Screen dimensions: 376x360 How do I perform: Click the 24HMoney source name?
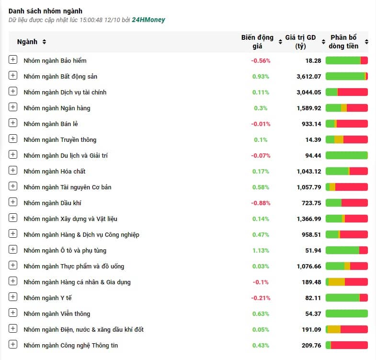pyautogui.click(x=148, y=20)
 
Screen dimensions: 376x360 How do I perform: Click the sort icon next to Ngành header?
pyautogui.click(x=44, y=42)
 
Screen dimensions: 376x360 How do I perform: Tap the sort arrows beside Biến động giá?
pyautogui.click(x=280, y=42)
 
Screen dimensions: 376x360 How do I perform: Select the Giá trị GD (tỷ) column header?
pyautogui.click(x=300, y=42)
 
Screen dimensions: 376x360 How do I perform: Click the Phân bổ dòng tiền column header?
pyautogui.click(x=343, y=42)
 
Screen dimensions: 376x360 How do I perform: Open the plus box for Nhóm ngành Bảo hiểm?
pyautogui.click(x=13, y=59)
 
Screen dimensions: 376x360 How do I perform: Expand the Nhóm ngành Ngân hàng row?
pyautogui.click(x=13, y=107)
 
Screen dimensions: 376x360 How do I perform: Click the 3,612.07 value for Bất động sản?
pyautogui.click(x=308, y=77)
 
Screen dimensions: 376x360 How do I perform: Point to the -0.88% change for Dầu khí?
pyautogui.click(x=261, y=203)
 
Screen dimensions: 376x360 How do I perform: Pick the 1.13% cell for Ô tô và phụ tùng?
pyautogui.click(x=261, y=251)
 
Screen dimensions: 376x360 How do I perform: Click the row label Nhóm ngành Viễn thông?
pyautogui.click(x=57, y=314)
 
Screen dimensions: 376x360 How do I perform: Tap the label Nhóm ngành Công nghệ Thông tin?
pyautogui.click(x=71, y=345)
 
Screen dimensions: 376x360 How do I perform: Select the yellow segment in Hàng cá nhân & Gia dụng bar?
pyautogui.click(x=337, y=282)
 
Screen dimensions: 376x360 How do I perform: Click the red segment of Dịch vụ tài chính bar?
pyautogui.click(x=353, y=92)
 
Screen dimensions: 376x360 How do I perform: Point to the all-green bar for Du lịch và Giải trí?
pyautogui.click(x=346, y=155)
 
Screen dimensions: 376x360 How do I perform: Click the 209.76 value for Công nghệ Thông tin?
pyautogui.click(x=311, y=345)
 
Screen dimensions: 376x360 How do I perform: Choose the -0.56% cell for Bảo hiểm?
pyautogui.click(x=261, y=61)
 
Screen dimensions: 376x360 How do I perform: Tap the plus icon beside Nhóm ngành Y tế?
pyautogui.click(x=13, y=297)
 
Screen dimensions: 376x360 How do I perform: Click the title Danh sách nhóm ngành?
pyautogui.click(x=46, y=11)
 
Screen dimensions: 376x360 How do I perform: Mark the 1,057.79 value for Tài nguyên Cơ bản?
pyautogui.click(x=308, y=187)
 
